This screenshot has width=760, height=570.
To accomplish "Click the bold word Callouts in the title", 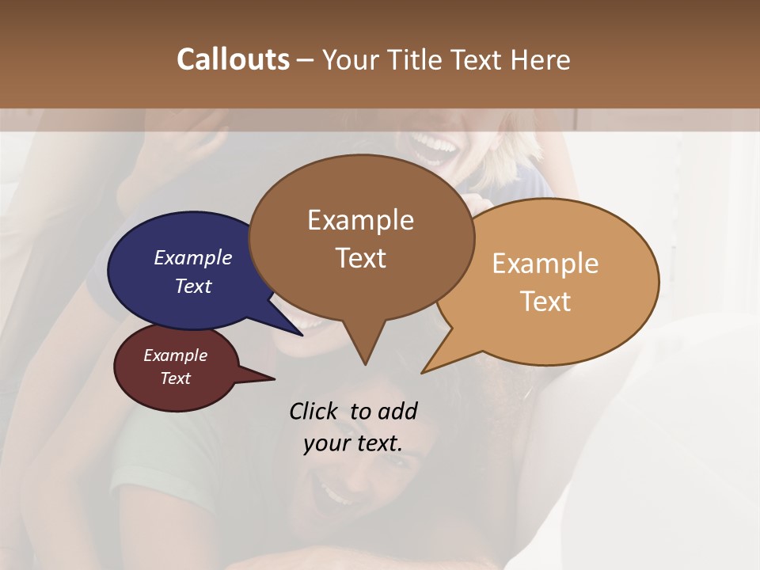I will [233, 59].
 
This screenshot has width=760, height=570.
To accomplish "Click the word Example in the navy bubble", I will [192, 257].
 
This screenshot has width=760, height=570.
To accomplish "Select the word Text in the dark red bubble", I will [175, 378].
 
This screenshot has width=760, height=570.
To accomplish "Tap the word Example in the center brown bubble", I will [360, 220].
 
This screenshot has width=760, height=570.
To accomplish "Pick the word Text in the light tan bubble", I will [545, 302].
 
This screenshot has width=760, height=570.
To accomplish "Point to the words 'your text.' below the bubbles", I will [352, 443].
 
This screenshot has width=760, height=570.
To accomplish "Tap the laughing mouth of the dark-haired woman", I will [336, 495].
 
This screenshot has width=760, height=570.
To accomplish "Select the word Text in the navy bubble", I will [192, 286].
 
